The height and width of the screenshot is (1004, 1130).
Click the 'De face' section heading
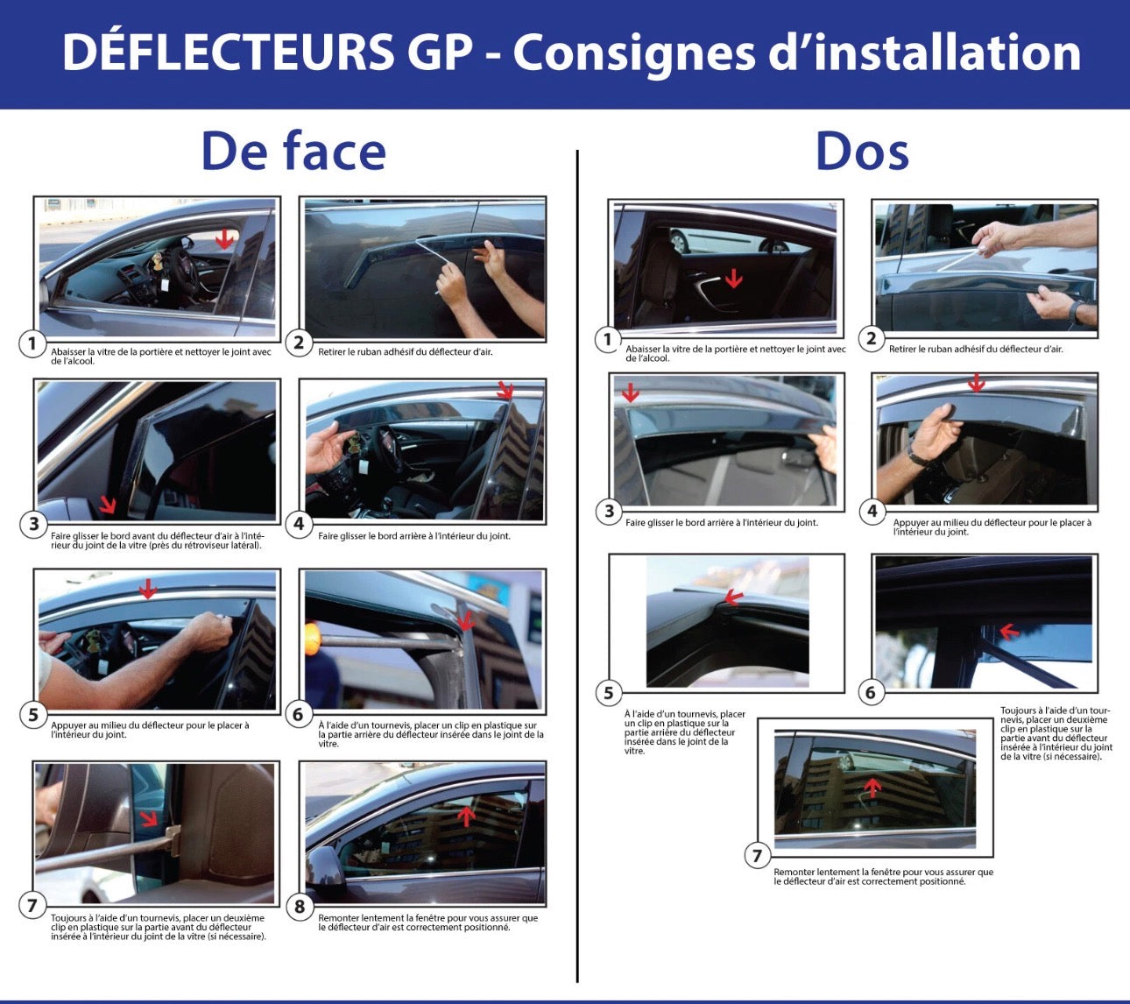coord(293,152)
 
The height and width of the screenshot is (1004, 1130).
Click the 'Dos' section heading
coord(862,152)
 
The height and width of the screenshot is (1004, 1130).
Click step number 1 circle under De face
coord(32,343)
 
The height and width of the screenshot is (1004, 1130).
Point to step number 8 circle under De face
coord(300,907)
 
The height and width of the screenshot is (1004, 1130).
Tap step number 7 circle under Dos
coord(758,855)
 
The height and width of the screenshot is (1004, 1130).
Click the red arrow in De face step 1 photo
coord(225,238)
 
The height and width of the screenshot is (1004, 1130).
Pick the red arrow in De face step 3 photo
coord(108,504)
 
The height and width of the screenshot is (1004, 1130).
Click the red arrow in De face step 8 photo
coord(467,815)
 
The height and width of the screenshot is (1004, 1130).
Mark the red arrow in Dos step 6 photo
coord(1009,631)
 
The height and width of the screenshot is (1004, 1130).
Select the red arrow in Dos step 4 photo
coord(976,383)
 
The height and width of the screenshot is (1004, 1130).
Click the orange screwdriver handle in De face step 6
coord(311,640)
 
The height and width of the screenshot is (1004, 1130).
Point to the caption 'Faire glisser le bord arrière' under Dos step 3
coord(721,523)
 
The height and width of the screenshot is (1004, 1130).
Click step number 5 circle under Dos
coord(609,693)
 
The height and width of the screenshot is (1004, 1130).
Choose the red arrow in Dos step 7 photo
coord(872,787)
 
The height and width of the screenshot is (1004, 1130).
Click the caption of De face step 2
coord(405,352)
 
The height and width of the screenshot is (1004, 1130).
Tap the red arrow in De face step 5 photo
coord(147,589)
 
